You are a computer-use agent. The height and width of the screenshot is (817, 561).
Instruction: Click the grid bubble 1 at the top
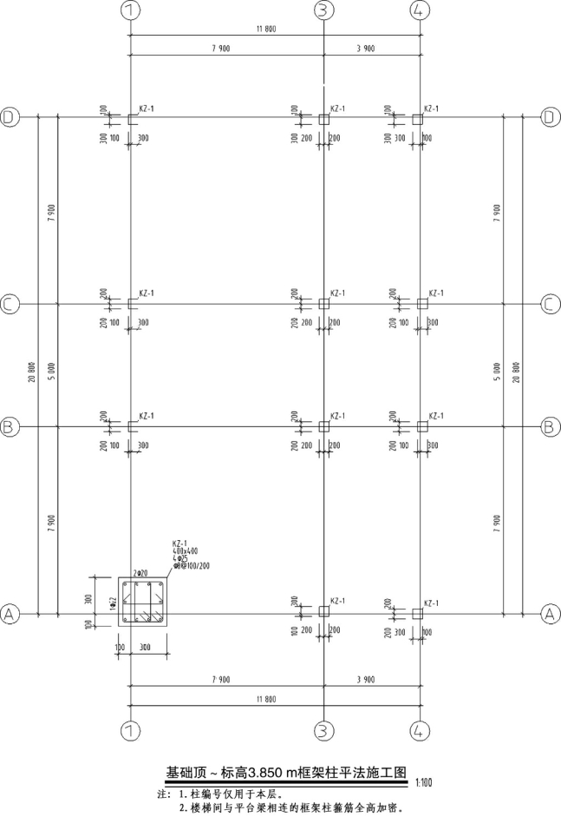coord(130,10)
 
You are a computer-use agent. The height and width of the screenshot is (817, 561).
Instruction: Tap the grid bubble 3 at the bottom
coord(323,730)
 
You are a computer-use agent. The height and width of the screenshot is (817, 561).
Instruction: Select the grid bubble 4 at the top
coord(419,10)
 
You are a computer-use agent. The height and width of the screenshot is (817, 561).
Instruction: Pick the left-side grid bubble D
coord(10,117)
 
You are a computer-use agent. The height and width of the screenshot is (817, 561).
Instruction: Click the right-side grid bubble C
coord(550,304)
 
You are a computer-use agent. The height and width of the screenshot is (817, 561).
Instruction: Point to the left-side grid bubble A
coord(10,614)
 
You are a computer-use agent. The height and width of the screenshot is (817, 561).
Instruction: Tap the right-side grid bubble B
coord(550,426)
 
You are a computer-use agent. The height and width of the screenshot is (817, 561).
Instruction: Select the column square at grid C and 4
coord(421,304)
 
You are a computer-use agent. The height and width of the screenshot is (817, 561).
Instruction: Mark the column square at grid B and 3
coord(323,426)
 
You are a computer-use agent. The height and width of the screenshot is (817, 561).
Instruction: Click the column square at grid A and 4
coord(418,613)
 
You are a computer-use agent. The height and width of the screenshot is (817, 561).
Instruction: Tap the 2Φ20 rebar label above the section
coord(140,573)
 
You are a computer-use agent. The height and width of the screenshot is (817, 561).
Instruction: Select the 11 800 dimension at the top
coord(265,30)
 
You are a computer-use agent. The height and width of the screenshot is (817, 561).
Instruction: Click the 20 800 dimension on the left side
coord(32,365)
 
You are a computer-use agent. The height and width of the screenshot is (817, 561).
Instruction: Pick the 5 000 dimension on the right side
coord(497,365)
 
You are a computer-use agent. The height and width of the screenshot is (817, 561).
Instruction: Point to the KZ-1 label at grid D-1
coord(147,109)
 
